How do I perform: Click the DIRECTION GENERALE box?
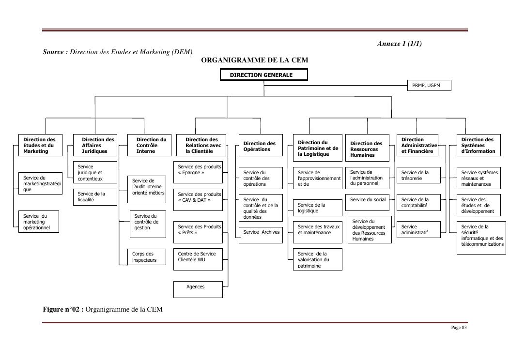(x=263, y=75)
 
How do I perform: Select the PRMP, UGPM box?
(x=429, y=86)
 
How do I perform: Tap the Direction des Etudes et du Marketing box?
(x=40, y=145)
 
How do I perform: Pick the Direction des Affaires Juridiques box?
(x=95, y=145)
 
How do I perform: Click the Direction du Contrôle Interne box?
(x=149, y=145)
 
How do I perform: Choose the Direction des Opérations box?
(x=261, y=147)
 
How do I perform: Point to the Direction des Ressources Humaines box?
(x=367, y=148)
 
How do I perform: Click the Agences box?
(x=198, y=289)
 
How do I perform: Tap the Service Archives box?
(x=261, y=235)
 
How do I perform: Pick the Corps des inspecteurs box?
(x=148, y=256)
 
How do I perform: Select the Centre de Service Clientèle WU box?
(x=198, y=256)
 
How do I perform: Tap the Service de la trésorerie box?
(x=418, y=175)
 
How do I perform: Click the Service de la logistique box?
(x=317, y=208)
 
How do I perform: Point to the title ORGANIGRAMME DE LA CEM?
(x=255, y=60)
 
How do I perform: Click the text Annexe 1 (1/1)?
(x=399, y=44)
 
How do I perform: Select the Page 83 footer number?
(x=459, y=328)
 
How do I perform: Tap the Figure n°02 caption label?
(x=63, y=310)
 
